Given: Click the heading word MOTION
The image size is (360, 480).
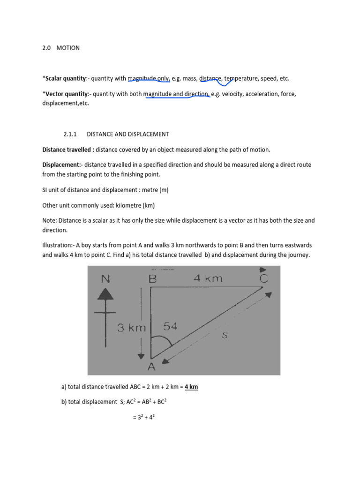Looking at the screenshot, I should click(68, 48).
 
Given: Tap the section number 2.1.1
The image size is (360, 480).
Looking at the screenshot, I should click(71, 134).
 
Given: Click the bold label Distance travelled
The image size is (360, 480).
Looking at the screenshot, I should click(67, 150).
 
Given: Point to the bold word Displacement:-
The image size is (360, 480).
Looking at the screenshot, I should click(62, 165).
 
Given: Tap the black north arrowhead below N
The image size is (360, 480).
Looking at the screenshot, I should click(107, 294).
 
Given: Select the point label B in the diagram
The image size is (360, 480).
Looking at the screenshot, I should click(151, 279).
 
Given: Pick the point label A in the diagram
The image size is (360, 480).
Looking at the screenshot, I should click(151, 367).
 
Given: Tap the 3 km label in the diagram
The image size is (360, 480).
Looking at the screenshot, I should click(132, 328).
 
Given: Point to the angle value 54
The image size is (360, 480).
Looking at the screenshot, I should click(170, 327).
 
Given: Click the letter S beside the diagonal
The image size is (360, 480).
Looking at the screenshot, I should click(225, 335).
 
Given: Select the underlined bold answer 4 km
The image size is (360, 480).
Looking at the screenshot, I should click(191, 387).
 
